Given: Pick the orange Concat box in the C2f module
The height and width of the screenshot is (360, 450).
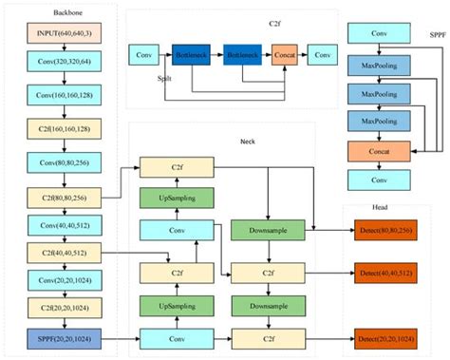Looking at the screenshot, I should click(286, 53).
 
